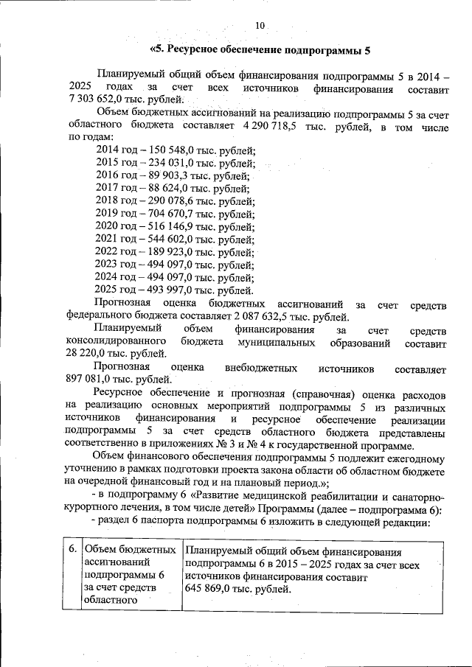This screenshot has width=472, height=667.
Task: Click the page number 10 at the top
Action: pos(260,26)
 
